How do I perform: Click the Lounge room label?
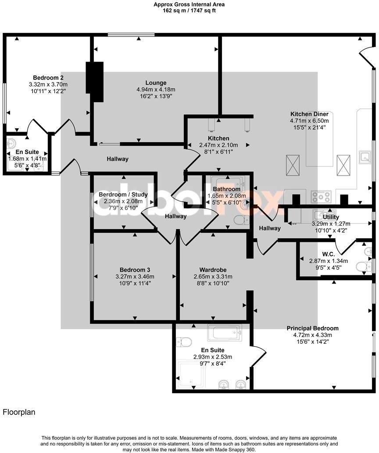156,83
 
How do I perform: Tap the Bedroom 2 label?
48,77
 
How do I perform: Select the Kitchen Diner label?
309,114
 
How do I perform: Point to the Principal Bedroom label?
313,328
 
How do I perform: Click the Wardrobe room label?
213,270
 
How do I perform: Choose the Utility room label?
331,217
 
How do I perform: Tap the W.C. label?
316,253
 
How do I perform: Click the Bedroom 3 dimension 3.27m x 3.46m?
135,277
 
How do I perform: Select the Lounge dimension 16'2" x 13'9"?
156,96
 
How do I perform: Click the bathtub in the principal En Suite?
224,333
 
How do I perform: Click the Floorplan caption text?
19,412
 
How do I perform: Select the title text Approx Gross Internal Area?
189,4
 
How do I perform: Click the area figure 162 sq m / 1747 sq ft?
189,11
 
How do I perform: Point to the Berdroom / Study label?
123,194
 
